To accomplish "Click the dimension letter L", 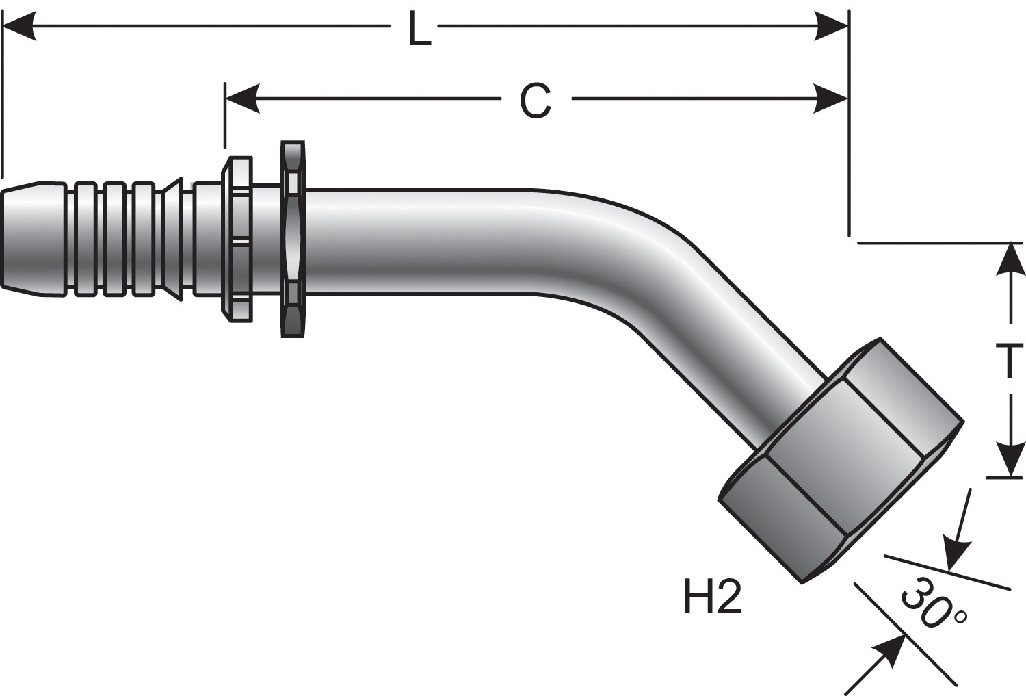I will pyautogui.click(x=419, y=29).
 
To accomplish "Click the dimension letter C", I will pyautogui.click(x=535, y=101).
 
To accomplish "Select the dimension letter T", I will pyautogui.click(x=1008, y=361).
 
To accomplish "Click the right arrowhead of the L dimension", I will pyautogui.click(x=832, y=27).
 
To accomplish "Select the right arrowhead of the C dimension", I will pyautogui.click(x=832, y=99).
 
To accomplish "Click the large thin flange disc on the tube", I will pyautogui.click(x=293, y=240).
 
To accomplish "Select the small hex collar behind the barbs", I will pyautogui.click(x=236, y=240).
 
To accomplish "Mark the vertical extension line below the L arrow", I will pyautogui.click(x=849, y=171).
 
